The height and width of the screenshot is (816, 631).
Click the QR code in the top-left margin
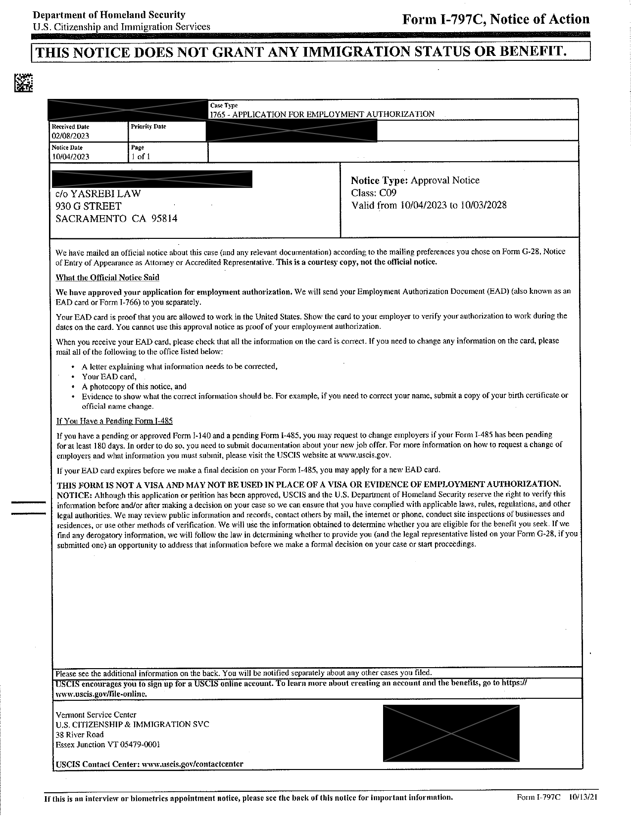pos(23,83)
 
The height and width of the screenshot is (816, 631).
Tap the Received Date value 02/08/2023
pos(70,136)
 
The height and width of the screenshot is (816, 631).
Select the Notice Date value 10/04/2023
pos(70,157)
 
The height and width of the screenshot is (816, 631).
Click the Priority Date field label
pos(148,127)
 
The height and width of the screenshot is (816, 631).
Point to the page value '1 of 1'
pos(141,157)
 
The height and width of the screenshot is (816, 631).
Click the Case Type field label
pos(224,105)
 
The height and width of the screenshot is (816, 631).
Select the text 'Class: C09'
pos(374,193)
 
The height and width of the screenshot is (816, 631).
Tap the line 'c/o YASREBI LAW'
pos(98,194)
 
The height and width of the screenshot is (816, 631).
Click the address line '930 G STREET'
pos(88,206)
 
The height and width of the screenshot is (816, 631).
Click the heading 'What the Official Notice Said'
pos(107,277)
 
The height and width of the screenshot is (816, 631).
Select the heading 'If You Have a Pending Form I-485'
pos(114,421)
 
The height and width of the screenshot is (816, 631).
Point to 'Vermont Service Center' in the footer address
pos(96,715)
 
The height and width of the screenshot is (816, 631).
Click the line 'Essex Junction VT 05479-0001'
pos(108,744)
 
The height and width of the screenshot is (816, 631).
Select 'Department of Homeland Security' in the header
pos(109,15)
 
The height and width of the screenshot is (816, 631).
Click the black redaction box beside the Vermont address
pos(451,733)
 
